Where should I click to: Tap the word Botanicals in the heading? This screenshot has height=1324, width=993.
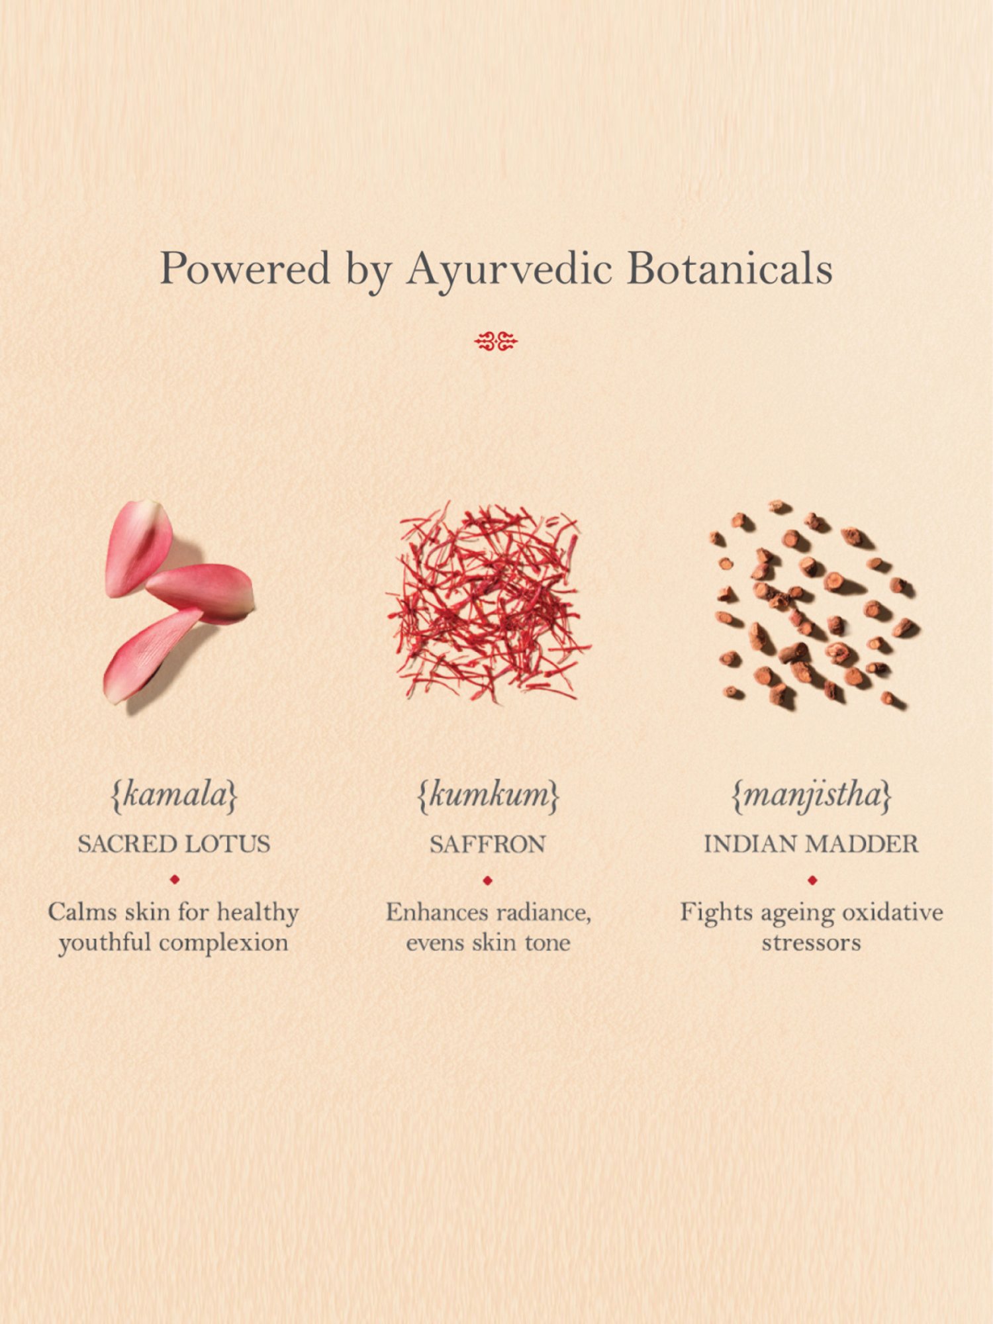(730, 268)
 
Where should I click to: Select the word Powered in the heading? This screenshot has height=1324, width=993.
(245, 268)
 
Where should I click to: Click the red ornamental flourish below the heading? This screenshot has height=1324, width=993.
(496, 342)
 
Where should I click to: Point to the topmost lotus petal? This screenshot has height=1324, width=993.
(138, 548)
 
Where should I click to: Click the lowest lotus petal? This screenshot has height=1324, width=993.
(151, 655)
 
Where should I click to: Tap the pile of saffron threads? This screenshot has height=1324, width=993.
(489, 602)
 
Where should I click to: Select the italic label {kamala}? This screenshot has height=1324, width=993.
(174, 796)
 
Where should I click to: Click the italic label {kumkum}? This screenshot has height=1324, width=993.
(489, 796)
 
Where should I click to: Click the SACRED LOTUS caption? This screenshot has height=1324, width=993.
(174, 844)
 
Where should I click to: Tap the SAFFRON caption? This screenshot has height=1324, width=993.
(488, 844)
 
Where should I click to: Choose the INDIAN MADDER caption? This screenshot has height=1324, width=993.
(811, 844)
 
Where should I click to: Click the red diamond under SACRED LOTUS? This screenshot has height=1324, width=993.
(175, 880)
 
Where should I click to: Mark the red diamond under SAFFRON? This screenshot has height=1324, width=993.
(488, 880)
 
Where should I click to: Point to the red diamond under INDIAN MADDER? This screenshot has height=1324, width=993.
(812, 880)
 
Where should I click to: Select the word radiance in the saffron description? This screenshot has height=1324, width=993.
(544, 913)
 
